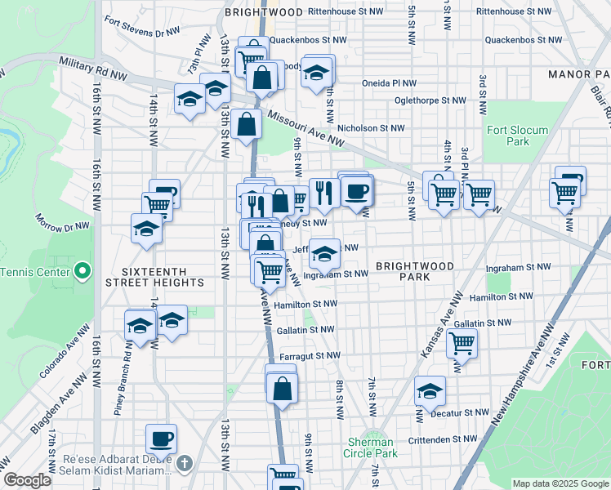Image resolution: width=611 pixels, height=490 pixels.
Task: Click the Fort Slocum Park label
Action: tap(518, 136)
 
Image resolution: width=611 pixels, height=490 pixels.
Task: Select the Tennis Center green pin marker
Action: tap(82, 271)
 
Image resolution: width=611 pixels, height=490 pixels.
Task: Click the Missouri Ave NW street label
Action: tap(305, 128)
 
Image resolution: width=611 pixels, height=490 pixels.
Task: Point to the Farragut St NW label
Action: tap(309, 355)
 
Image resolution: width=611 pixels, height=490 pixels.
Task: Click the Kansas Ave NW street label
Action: tap(439, 324)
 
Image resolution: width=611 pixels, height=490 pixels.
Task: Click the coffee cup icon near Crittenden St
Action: tap(161, 438)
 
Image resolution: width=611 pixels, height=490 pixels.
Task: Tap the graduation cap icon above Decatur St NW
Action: tap(430, 391)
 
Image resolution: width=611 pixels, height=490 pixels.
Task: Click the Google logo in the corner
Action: tap(27, 481)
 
